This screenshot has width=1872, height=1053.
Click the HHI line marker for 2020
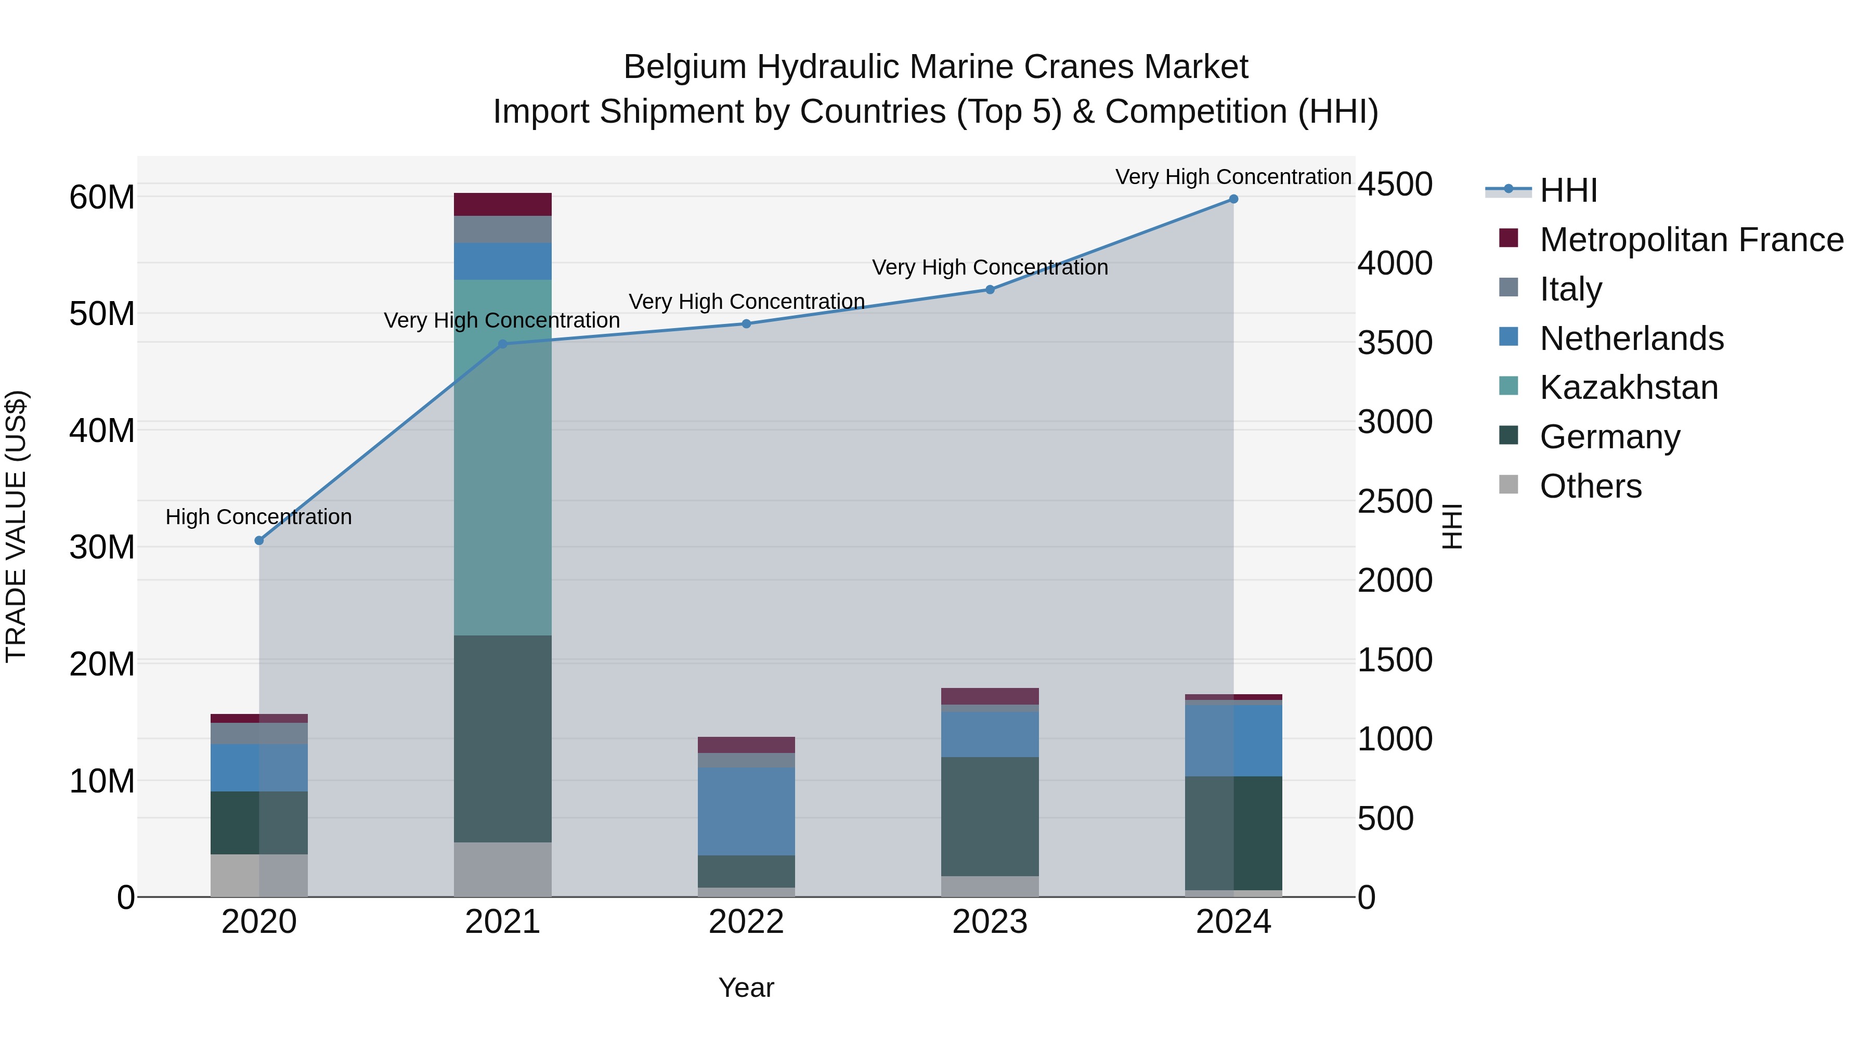click(259, 541)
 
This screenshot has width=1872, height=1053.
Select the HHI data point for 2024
click(1233, 199)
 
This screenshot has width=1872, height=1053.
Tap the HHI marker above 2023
click(990, 289)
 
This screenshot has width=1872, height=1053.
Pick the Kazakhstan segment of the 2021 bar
click(502, 458)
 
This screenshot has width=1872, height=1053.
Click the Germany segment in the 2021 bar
click(502, 738)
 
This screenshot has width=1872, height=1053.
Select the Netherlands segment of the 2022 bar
click(746, 811)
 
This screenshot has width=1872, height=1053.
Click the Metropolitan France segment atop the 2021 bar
click(502, 204)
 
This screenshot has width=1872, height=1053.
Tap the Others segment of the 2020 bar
click(259, 875)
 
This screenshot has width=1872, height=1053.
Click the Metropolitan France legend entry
click(1691, 240)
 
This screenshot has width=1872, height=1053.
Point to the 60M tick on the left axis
click(102, 197)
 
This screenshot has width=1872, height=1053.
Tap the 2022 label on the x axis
click(746, 922)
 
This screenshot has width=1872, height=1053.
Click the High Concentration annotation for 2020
click(259, 517)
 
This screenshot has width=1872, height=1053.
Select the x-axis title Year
click(746, 987)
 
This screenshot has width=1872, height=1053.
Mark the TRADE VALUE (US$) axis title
click(16, 526)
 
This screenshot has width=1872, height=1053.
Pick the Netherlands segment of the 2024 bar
click(1233, 740)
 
